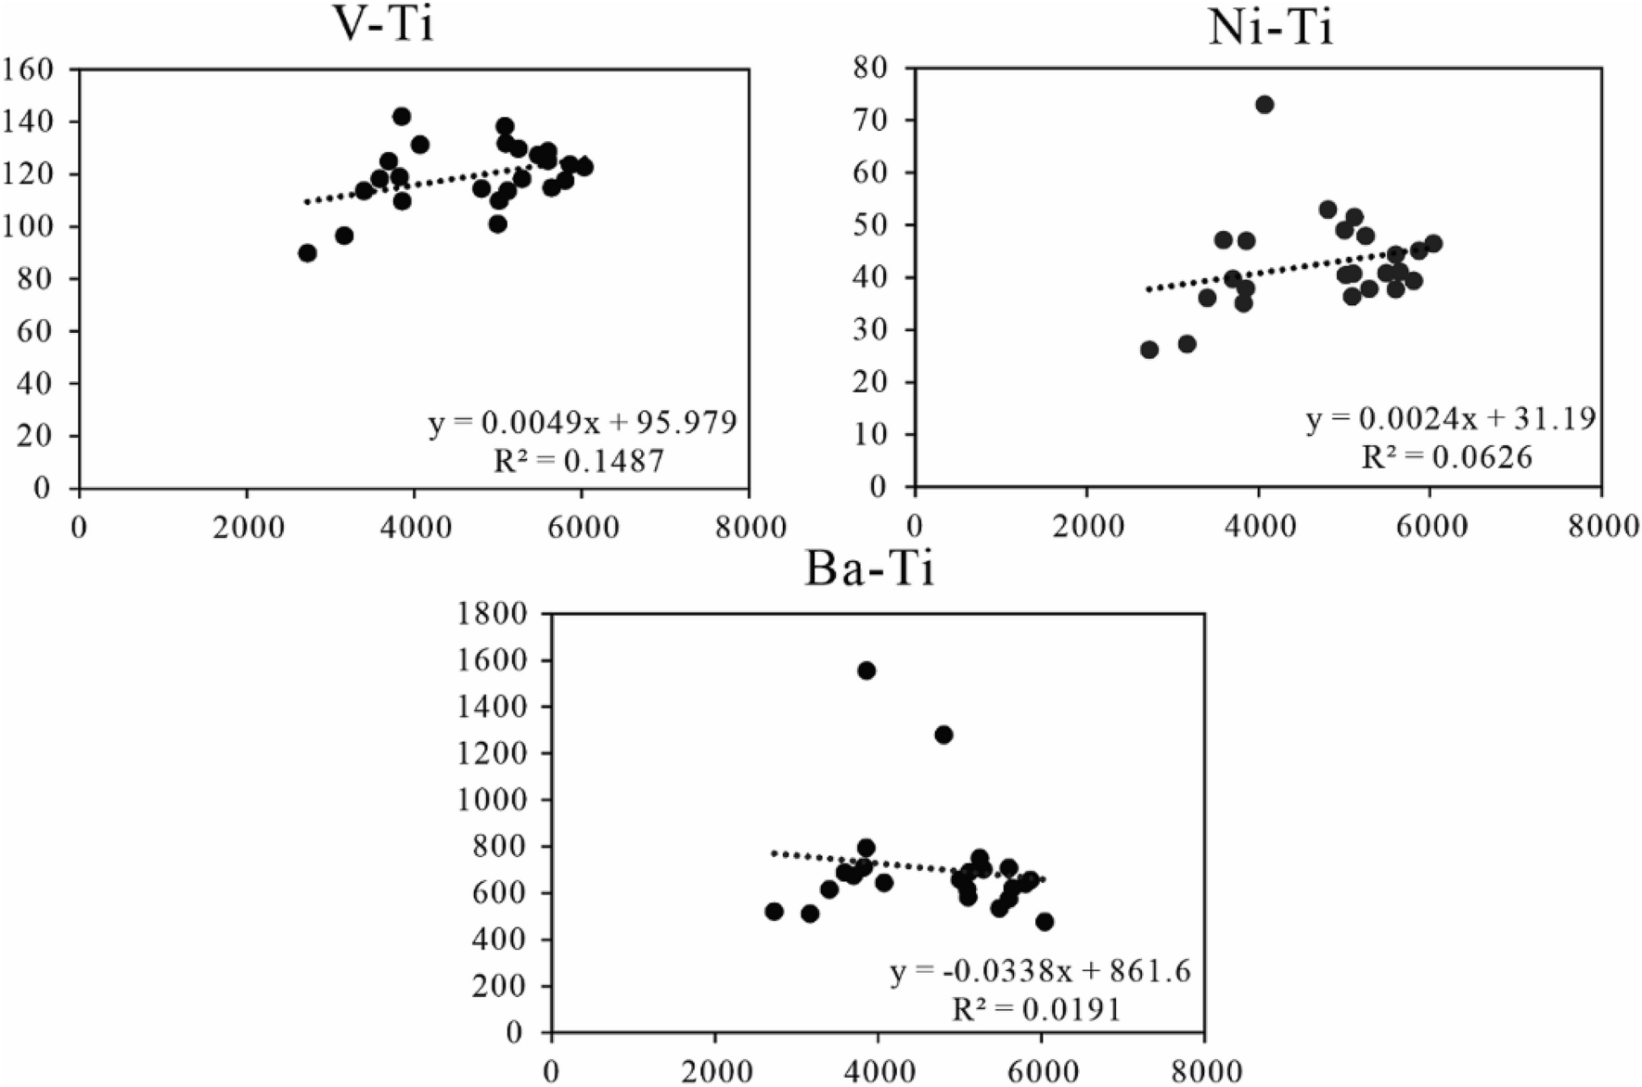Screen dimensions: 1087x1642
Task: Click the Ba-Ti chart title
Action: pyautogui.click(x=869, y=568)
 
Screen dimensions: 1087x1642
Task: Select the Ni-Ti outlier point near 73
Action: pyautogui.click(x=1264, y=105)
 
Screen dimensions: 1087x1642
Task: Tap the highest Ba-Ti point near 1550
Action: pyautogui.click(x=866, y=671)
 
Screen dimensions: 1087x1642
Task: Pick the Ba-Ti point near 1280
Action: pyautogui.click(x=944, y=735)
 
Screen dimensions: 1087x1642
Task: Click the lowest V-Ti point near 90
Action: pyautogui.click(x=308, y=253)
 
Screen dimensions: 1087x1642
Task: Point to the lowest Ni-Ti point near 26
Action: pyautogui.click(x=1149, y=350)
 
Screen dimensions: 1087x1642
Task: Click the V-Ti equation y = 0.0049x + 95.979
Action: pyautogui.click(x=583, y=423)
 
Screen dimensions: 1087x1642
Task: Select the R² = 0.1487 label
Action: pyautogui.click(x=579, y=460)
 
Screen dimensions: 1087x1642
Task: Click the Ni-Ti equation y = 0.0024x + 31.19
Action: pyautogui.click(x=1451, y=419)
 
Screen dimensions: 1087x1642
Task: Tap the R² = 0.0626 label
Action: pyautogui.click(x=1447, y=456)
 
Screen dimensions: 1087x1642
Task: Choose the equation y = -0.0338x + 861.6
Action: pyautogui.click(x=1041, y=971)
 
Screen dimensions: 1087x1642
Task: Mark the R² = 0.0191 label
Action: pyautogui.click(x=1037, y=1008)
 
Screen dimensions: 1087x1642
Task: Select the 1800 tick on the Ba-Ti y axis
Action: pyautogui.click(x=494, y=614)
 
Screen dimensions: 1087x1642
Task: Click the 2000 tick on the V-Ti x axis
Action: pyautogui.click(x=247, y=527)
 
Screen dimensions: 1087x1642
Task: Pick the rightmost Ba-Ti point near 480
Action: pyautogui.click(x=1045, y=922)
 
